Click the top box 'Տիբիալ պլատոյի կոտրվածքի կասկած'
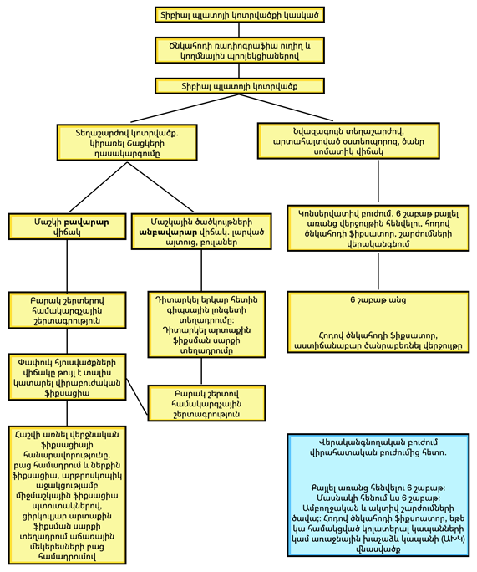coord(240,14)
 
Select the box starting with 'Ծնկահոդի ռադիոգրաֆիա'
coord(240,50)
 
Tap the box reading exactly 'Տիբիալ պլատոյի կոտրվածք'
coord(240,86)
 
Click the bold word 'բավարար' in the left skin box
coord(86,222)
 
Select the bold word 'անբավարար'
coord(168,232)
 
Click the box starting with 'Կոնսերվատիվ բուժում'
coord(378,228)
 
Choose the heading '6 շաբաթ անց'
coord(378,300)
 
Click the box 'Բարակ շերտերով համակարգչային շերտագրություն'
coord(68,310)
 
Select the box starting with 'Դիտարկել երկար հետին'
coord(206,324)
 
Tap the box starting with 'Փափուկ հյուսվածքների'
coord(68,377)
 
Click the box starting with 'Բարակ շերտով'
coord(206,403)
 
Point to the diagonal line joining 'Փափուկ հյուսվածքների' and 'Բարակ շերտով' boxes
coord(137,396)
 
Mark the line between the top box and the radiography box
coord(239,30)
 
